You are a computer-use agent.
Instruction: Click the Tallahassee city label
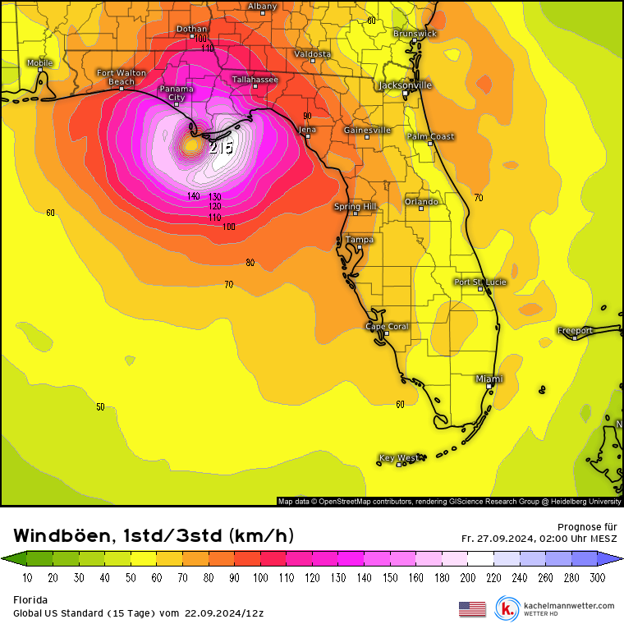pos(255,80)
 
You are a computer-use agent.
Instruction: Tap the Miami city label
pos(489,379)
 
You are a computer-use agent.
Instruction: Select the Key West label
pos(398,457)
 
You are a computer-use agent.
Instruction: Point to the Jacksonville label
pos(405,85)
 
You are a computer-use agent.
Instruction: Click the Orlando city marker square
pos(422,209)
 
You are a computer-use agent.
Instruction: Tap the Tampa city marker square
pos(359,247)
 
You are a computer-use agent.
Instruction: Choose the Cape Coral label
pos(387,327)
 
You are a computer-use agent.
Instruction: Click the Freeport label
pos(575,331)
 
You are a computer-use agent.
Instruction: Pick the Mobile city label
pos(39,63)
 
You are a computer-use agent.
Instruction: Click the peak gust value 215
pos(220,148)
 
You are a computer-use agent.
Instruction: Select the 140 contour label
pos(194,196)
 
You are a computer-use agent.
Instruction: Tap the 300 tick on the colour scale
pos(597,578)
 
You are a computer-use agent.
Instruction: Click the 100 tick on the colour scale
pos(260,578)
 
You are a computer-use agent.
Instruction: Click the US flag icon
pos(472,608)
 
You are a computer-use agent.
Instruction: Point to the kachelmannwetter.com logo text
pos(568,605)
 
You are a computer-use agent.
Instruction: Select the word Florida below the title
pos(30,600)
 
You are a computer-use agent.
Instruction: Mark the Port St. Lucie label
pos(480,282)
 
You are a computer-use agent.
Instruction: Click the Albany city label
pos(263,7)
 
